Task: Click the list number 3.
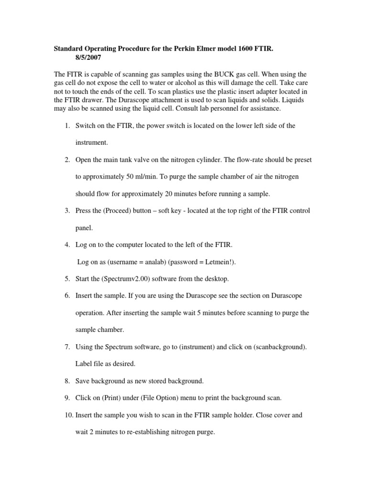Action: pos(67,210)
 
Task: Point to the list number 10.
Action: pos(66,415)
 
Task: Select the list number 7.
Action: pos(67,347)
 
